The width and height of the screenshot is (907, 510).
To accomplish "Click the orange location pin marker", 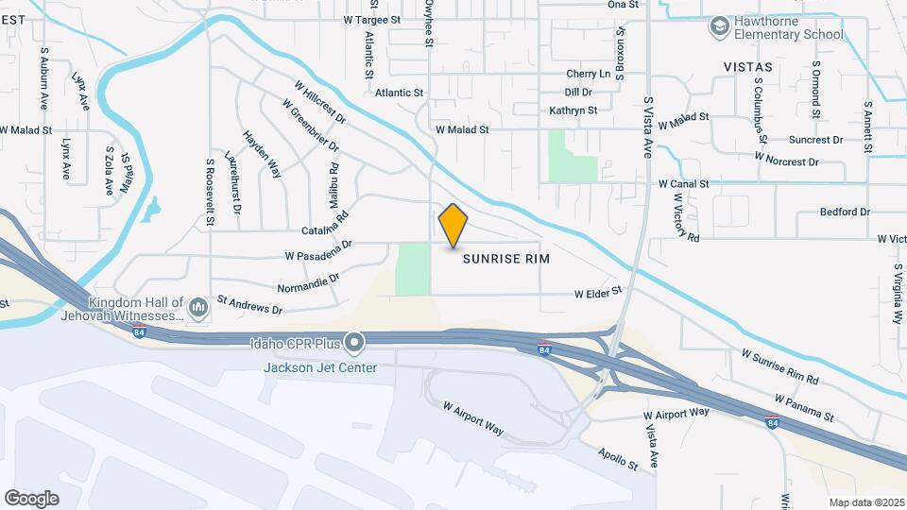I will click(x=453, y=226).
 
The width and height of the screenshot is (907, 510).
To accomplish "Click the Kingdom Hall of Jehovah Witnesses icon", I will click(x=198, y=308).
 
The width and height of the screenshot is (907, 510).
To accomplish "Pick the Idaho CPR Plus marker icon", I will click(x=354, y=341).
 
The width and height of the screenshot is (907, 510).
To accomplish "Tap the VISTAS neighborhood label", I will click(x=747, y=67).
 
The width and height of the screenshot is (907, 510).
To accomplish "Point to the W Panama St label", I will click(x=804, y=408).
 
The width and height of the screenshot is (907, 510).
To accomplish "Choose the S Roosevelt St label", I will click(x=211, y=191).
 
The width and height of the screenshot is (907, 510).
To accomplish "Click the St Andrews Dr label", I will click(x=249, y=305).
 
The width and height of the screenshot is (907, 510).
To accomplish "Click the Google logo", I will click(x=31, y=498).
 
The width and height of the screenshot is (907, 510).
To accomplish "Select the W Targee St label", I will click(x=372, y=19).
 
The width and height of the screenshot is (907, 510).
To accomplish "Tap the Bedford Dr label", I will click(x=844, y=212).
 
